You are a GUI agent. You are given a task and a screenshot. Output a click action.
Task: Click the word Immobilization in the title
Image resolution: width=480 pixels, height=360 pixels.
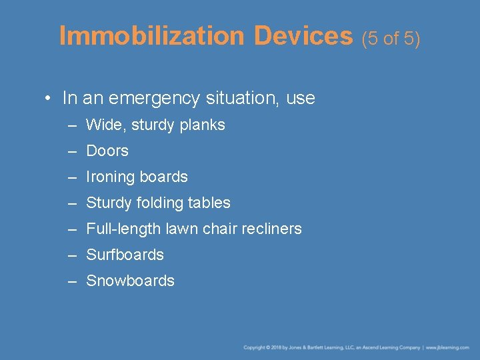(x=151, y=36)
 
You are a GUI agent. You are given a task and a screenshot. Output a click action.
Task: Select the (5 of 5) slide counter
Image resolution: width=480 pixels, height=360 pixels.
(x=391, y=39)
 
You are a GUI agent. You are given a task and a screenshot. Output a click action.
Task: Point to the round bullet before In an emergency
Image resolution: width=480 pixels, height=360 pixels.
(x=49, y=99)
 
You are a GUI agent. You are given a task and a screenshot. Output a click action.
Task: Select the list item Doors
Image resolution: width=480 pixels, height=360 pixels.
(x=107, y=151)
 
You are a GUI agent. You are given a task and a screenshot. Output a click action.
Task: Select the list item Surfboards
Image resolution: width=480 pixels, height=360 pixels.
(x=125, y=255)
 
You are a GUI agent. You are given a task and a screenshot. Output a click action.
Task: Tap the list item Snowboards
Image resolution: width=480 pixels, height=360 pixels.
(x=130, y=281)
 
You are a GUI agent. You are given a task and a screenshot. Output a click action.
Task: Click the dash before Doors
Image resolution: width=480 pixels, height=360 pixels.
(x=72, y=151)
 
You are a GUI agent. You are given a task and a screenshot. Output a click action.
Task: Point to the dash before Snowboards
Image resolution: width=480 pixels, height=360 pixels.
(x=72, y=281)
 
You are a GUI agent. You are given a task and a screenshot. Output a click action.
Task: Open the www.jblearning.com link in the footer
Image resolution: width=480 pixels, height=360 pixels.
(x=447, y=347)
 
